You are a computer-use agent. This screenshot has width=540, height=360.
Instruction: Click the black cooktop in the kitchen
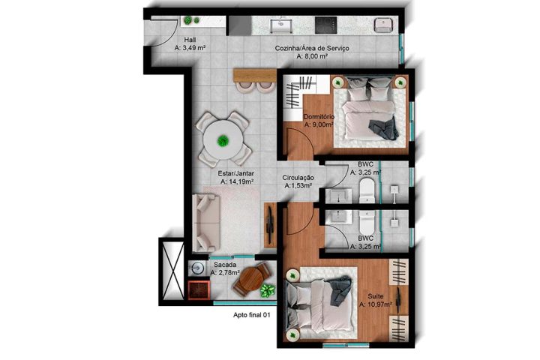[325, 25]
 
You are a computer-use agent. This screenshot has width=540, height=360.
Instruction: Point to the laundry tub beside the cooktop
[384, 25]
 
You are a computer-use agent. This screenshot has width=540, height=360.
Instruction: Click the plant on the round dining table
[223, 139]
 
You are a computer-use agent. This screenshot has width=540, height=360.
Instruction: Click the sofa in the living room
[206, 223]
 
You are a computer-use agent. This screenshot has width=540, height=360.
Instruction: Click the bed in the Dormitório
[368, 112]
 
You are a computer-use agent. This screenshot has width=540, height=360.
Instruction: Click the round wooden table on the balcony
[251, 282]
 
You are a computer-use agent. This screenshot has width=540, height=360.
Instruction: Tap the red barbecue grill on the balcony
[199, 289]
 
